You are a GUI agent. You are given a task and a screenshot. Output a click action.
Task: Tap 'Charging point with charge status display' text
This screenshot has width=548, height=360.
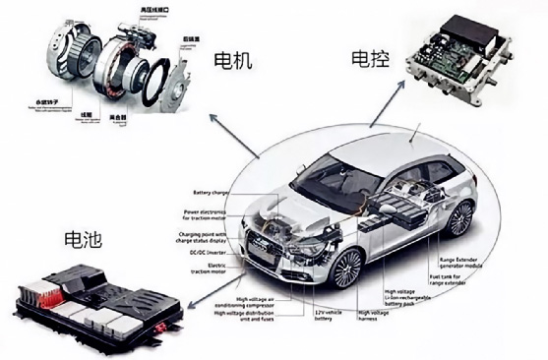(x=205, y=236)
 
